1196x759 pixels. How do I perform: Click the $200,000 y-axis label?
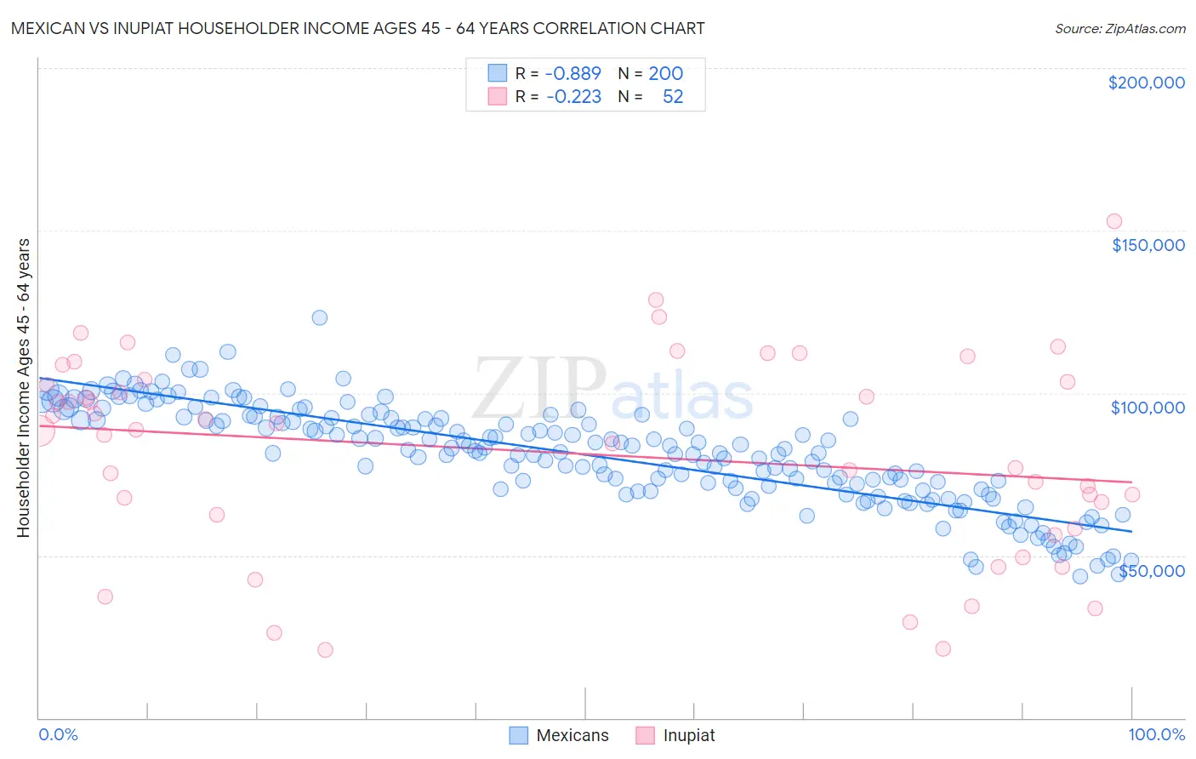click(x=1146, y=83)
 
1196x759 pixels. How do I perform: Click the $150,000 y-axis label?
click(x=1148, y=245)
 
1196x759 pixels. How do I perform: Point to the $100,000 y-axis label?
click(x=1148, y=408)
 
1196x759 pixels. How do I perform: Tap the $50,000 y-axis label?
click(x=1151, y=571)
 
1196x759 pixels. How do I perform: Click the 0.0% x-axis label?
click(x=58, y=734)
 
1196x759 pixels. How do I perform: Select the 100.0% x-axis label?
click(x=1156, y=734)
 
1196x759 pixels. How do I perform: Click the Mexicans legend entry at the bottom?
click(x=572, y=735)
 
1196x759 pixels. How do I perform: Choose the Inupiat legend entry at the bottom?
click(x=688, y=735)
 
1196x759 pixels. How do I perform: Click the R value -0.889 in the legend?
click(x=572, y=74)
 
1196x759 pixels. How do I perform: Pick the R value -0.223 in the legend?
click(x=572, y=97)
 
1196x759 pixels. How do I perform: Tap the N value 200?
click(x=665, y=74)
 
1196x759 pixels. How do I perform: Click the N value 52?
click(x=672, y=97)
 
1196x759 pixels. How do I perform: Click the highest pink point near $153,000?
click(x=1114, y=221)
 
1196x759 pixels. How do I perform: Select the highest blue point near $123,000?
click(x=320, y=317)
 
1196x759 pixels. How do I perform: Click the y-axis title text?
click(x=23, y=388)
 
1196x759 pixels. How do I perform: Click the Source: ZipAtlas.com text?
click(x=1119, y=29)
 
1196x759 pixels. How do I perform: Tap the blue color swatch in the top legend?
click(x=497, y=73)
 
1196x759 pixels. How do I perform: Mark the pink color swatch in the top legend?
click(x=497, y=96)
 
